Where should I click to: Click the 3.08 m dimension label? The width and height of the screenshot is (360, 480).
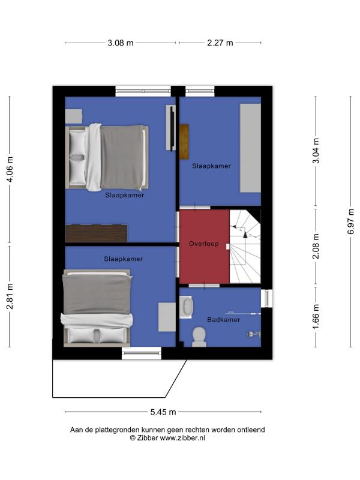(121, 43)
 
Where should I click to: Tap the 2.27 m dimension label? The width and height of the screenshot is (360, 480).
(220, 43)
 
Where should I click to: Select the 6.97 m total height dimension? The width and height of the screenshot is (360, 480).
(351, 221)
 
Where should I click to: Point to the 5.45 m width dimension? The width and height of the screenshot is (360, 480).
(163, 412)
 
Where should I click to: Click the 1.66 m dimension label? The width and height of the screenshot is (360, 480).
(316, 317)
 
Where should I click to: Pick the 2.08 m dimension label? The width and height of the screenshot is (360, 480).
(316, 247)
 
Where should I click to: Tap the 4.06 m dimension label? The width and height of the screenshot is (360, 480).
(10, 169)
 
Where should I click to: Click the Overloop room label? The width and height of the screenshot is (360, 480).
(204, 244)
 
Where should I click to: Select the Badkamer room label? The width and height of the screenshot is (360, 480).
(223, 320)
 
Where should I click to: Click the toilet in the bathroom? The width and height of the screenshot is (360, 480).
(199, 337)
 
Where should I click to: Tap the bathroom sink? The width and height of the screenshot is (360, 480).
(186, 307)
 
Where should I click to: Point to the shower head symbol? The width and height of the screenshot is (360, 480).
(253, 334)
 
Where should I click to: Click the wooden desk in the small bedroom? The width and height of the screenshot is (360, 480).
(184, 142)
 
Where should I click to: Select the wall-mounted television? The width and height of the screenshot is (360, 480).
(171, 128)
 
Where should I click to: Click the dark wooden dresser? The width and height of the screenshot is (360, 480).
(96, 234)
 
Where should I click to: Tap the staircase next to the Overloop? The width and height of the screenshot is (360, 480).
(245, 247)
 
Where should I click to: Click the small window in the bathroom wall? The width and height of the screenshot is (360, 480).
(267, 298)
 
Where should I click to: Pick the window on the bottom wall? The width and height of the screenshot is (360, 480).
(142, 353)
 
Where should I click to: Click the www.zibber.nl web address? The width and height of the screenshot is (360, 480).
(182, 438)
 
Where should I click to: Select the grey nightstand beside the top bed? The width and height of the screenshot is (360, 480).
(74, 116)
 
